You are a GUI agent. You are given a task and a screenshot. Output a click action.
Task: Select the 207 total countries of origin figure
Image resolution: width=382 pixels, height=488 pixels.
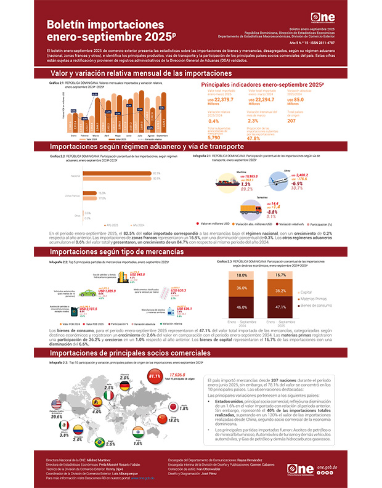(x=292, y=121)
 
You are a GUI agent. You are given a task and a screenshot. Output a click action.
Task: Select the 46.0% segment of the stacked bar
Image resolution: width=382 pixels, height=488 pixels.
(x=242, y=306)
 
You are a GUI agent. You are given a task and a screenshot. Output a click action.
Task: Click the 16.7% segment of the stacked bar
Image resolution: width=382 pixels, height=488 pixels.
(x=281, y=275)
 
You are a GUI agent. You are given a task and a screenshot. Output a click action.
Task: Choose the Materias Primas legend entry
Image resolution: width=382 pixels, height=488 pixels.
(x=317, y=298)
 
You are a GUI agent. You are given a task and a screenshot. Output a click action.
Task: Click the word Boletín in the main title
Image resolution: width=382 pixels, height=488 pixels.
(x=74, y=23)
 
